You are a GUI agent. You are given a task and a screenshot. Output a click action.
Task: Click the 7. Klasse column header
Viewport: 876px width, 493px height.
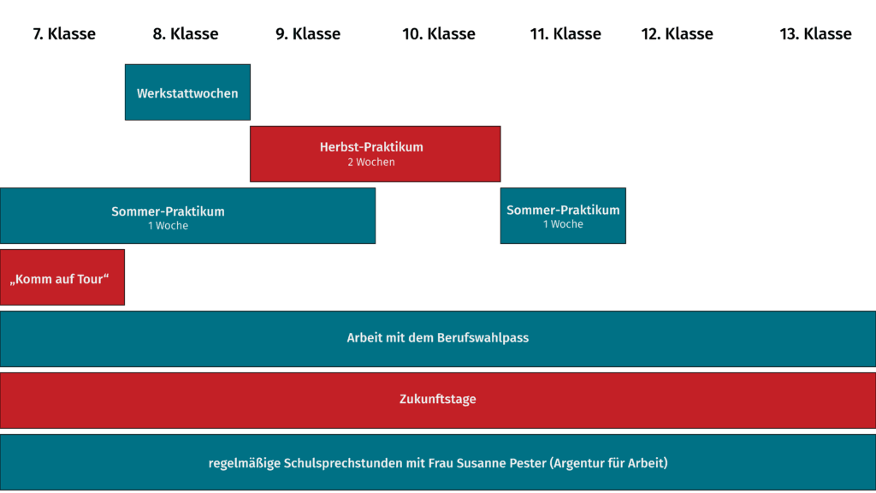click(x=64, y=34)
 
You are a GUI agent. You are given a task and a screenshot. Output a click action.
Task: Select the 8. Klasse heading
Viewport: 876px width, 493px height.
click(x=186, y=34)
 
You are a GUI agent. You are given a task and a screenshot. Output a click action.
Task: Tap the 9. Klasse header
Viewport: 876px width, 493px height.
click(x=308, y=34)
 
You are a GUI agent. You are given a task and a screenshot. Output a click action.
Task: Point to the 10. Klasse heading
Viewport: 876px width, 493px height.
click(x=439, y=34)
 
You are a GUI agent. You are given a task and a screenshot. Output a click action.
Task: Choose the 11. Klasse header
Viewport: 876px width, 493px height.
click(x=565, y=34)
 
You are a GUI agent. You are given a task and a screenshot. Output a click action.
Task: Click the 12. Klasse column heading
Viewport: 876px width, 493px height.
click(x=678, y=34)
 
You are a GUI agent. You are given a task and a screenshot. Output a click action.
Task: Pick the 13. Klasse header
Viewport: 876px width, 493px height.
click(x=815, y=34)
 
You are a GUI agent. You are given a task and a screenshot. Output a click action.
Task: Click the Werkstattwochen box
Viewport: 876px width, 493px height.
click(x=187, y=92)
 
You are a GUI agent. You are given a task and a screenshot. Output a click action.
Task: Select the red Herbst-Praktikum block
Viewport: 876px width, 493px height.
click(x=376, y=154)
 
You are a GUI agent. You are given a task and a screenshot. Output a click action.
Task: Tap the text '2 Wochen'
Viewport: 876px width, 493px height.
click(x=371, y=162)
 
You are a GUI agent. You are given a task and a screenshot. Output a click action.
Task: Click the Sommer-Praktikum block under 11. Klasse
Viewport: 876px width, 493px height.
click(x=563, y=216)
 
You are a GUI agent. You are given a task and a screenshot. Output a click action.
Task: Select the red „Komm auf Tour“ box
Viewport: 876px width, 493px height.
click(x=62, y=277)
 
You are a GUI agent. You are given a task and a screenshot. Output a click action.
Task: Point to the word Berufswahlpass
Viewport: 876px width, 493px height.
click(x=483, y=338)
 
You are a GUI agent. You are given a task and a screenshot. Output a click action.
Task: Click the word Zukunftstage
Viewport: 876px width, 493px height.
click(x=438, y=399)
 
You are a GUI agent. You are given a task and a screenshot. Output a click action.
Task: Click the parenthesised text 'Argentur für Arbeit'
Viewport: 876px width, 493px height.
click(x=609, y=463)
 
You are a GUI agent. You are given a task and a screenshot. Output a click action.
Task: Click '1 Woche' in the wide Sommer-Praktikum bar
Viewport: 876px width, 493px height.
click(x=169, y=226)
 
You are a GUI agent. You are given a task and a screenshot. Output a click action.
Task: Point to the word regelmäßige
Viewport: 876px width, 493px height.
click(x=244, y=463)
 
